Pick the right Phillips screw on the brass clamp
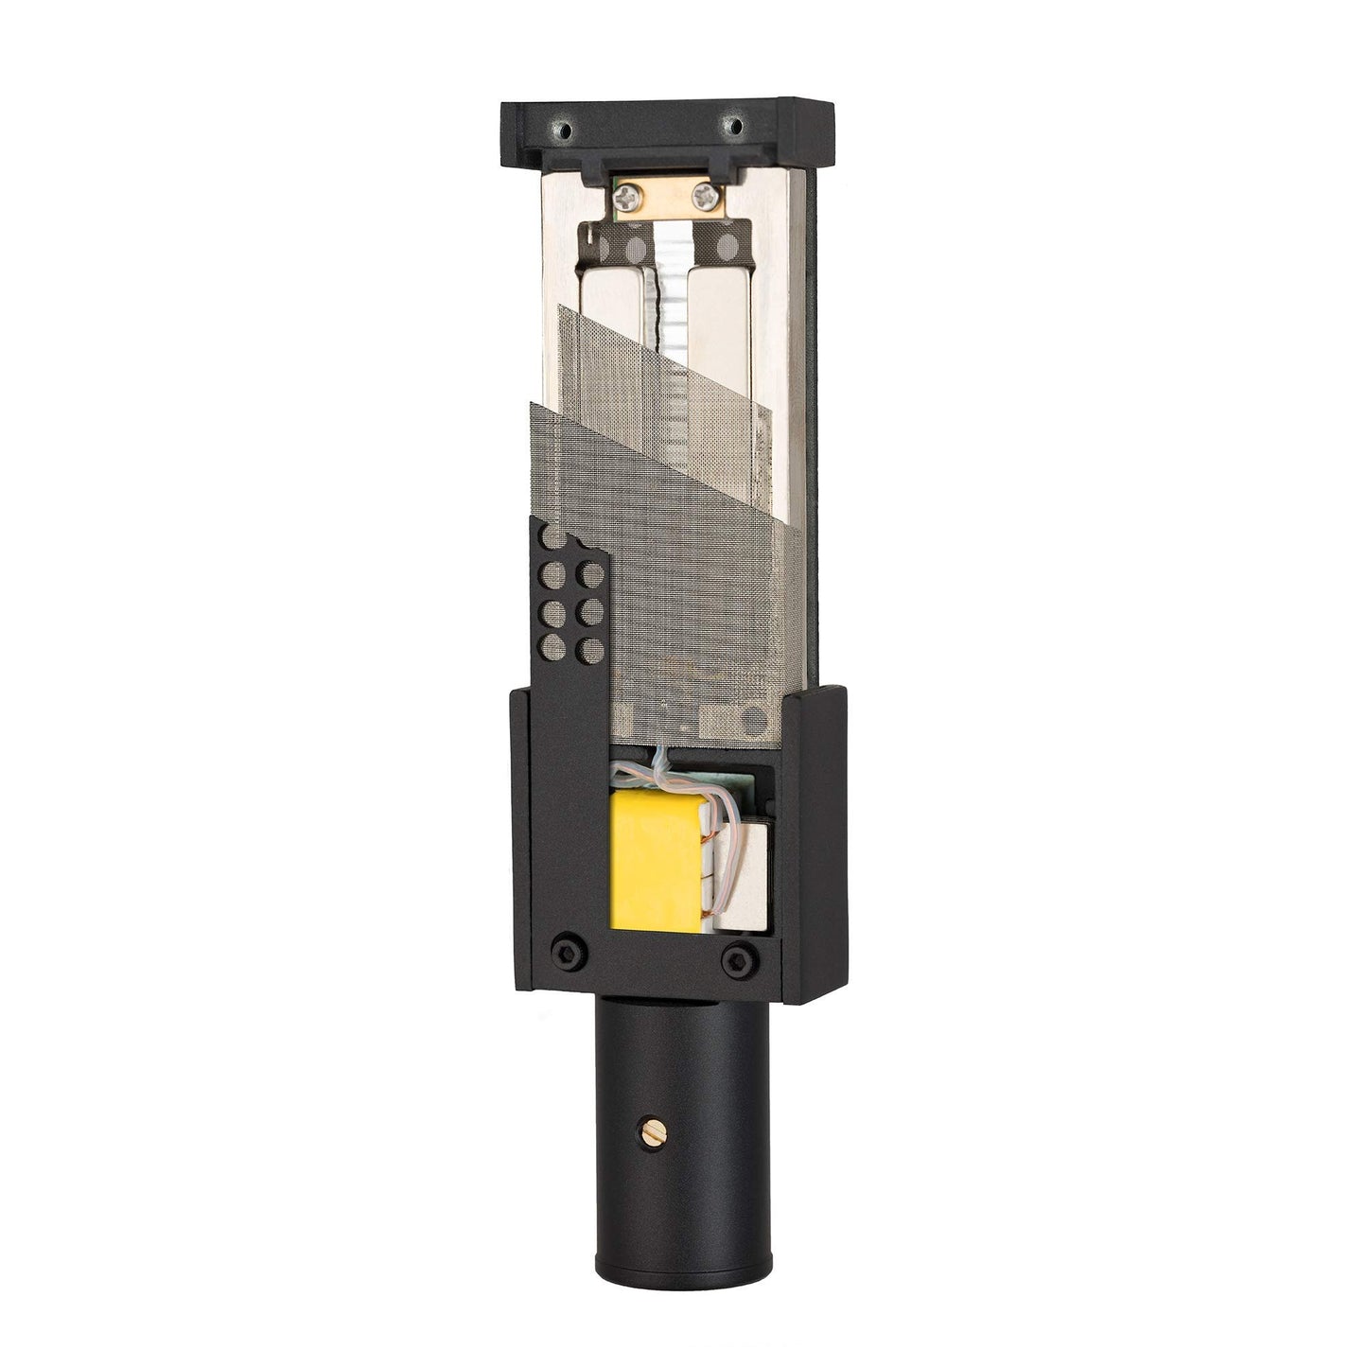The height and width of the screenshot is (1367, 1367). (x=704, y=196)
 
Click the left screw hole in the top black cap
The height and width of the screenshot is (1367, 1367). (x=565, y=127)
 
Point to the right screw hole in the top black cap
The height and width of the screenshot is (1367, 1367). (x=730, y=124)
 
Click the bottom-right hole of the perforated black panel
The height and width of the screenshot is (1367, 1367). (x=588, y=650)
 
